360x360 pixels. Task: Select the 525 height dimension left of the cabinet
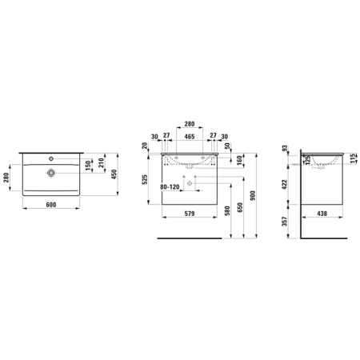click(x=146, y=179)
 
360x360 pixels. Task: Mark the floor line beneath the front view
click(x=189, y=238)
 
